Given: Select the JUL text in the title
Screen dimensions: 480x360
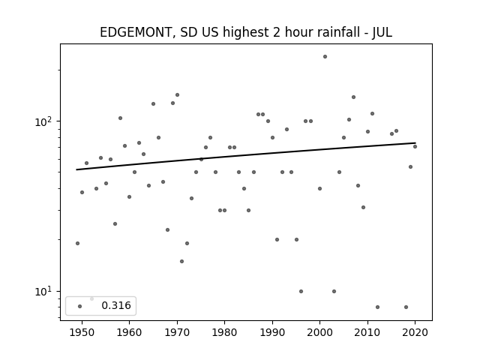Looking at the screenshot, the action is pyautogui.click(x=382, y=32).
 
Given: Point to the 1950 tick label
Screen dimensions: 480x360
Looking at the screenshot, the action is pyautogui.click(x=82, y=332).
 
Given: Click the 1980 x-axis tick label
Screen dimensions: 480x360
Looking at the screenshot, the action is pyautogui.click(x=224, y=332).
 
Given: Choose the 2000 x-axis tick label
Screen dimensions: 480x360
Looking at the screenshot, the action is pyautogui.click(x=319, y=332).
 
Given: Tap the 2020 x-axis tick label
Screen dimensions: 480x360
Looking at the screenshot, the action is pyautogui.click(x=415, y=332).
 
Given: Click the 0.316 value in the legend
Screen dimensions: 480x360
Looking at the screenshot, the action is pyautogui.click(x=116, y=305).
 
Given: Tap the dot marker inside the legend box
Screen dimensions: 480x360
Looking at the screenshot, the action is pyautogui.click(x=80, y=306).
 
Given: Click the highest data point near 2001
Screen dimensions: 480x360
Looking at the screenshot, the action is pyautogui.click(x=325, y=57).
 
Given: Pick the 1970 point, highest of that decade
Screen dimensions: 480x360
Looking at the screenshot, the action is pyautogui.click(x=177, y=95).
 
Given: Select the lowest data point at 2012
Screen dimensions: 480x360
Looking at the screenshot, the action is pyautogui.click(x=377, y=307).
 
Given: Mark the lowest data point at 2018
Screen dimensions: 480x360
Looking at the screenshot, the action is pyautogui.click(x=406, y=307).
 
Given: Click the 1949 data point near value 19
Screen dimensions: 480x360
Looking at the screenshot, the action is pyautogui.click(x=77, y=243).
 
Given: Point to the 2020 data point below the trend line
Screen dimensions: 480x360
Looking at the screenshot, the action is pyautogui.click(x=415, y=147).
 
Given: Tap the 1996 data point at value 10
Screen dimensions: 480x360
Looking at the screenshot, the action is pyautogui.click(x=301, y=292).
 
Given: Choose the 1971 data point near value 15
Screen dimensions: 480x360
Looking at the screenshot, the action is pyautogui.click(x=181, y=262).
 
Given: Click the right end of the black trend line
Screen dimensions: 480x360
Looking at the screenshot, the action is pyautogui.click(x=415, y=143).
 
